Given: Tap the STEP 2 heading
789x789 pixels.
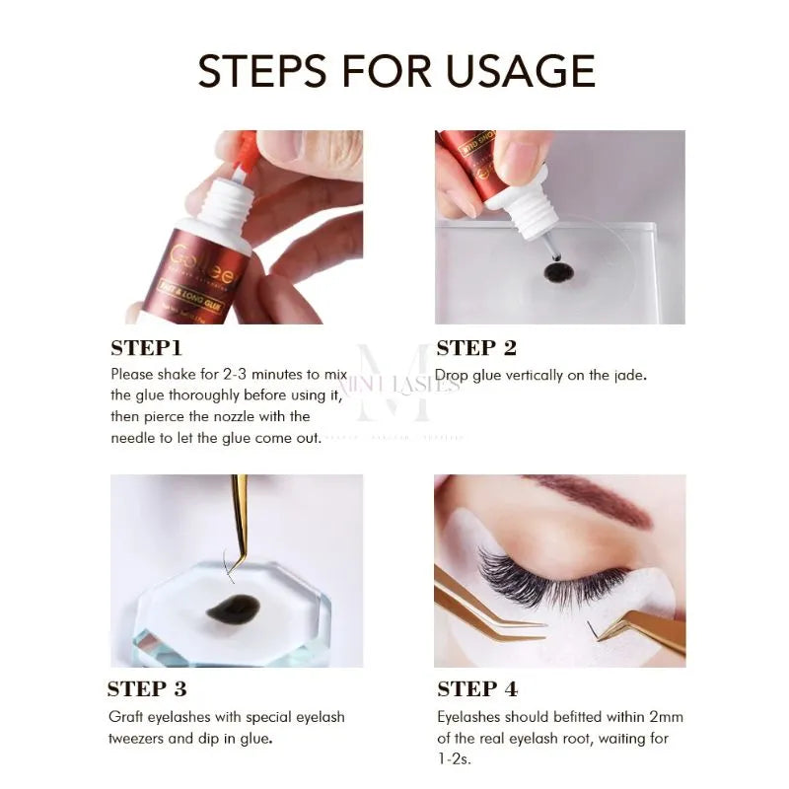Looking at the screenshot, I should [x=476, y=347].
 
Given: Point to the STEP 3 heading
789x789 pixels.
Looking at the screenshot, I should [x=147, y=688].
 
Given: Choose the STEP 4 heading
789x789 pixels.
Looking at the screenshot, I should [x=477, y=688].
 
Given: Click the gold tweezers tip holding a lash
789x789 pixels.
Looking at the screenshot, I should [x=237, y=552].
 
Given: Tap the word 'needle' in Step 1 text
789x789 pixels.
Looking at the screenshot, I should [x=135, y=437].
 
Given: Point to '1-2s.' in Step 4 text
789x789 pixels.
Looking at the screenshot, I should [x=454, y=759].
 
